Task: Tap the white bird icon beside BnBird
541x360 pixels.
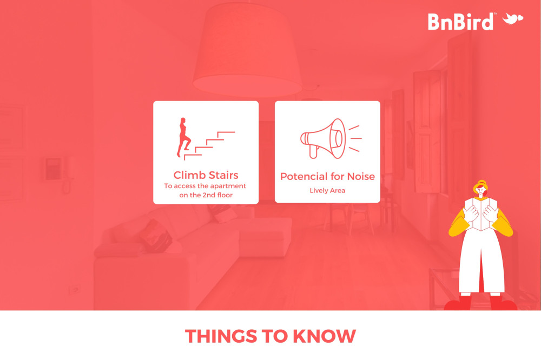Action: (513, 18)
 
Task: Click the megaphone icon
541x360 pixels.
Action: (331, 138)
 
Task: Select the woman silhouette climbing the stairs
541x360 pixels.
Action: (183, 138)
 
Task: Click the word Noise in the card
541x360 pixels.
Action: (361, 177)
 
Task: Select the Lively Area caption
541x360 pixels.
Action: (327, 190)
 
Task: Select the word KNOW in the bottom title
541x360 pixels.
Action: (324, 336)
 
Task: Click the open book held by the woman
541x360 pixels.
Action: (480, 214)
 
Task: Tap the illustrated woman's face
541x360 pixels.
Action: (480, 191)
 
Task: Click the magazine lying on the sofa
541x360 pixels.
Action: (155, 236)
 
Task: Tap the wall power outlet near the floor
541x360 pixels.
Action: (74, 290)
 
